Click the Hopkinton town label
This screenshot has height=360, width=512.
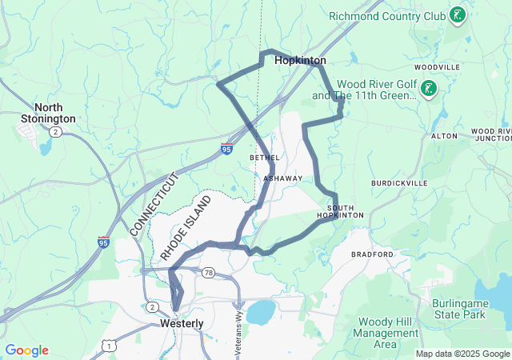pyautogui.click(x=300, y=60)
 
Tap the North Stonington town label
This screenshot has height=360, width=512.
pyautogui.click(x=54, y=113)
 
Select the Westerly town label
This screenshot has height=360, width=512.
pyautogui.click(x=182, y=323)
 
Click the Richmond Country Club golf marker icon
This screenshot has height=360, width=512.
pyautogui.click(x=458, y=15)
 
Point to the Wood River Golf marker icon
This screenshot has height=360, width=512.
pyautogui.click(x=430, y=89)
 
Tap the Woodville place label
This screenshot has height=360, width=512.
pyautogui.click(x=438, y=67)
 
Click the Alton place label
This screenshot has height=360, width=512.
pyautogui.click(x=444, y=136)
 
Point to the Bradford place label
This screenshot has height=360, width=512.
pyautogui.click(x=373, y=254)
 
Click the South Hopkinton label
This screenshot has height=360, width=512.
pyautogui.click(x=340, y=212)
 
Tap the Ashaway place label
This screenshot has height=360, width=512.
pyautogui.click(x=283, y=178)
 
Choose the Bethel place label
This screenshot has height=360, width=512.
pyautogui.click(x=264, y=158)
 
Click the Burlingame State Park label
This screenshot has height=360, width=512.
pyautogui.click(x=458, y=310)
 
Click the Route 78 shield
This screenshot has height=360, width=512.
pyautogui.click(x=208, y=273)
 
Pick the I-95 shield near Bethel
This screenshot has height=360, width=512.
pyautogui.click(x=228, y=148)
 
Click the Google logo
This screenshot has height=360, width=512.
pyautogui.click(x=26, y=350)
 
